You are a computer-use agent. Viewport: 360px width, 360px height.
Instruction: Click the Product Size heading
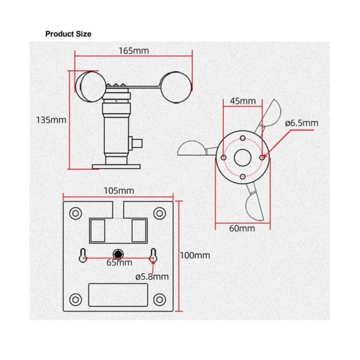68,34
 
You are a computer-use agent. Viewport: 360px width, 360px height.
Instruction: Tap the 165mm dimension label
134,51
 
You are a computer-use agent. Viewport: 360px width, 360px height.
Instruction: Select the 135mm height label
51,120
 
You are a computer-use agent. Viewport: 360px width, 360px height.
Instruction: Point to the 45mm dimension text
243,101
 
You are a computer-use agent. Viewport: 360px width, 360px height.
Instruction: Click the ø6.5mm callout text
302,123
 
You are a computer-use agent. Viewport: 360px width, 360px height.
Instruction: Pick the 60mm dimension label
242,228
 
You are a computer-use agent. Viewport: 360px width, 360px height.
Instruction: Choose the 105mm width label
119,191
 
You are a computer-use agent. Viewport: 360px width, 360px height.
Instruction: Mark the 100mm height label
195,255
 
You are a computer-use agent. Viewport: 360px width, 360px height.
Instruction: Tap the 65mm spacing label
119,263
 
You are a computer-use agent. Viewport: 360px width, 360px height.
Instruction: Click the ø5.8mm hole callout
152,277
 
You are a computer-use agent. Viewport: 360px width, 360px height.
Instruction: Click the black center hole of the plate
118,254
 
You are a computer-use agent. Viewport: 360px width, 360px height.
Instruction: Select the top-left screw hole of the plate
76,213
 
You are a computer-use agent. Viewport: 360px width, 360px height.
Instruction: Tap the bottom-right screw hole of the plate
159,299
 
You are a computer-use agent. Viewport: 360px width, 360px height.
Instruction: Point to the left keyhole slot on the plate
83,256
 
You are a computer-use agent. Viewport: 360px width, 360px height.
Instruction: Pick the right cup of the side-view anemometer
176,87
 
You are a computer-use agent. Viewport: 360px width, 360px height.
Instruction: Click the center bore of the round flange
243,158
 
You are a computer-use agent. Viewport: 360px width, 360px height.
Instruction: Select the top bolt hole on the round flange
243,138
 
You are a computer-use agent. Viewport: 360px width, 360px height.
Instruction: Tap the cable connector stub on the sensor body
135,143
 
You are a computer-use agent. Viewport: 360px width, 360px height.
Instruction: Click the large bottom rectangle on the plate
118,295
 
